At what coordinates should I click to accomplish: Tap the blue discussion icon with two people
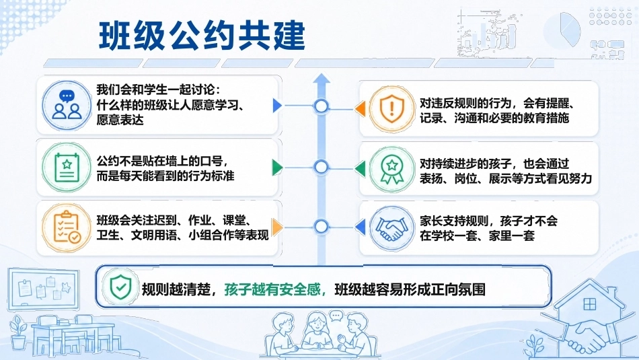click(67, 105)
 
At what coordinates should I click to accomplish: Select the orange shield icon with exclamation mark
click(391, 109)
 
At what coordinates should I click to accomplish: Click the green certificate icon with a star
click(67, 167)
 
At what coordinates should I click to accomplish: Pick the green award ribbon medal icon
click(391, 169)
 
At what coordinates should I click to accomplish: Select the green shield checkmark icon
click(120, 287)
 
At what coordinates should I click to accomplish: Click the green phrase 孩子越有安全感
click(272, 289)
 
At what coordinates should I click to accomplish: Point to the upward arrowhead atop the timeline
click(322, 78)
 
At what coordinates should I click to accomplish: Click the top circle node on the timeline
click(322, 106)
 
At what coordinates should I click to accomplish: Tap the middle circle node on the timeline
click(322, 167)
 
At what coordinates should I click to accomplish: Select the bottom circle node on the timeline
click(322, 226)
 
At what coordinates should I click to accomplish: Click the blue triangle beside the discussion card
click(277, 105)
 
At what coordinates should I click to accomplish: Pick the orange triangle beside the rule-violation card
click(361, 109)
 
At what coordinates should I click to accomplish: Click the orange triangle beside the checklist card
click(277, 227)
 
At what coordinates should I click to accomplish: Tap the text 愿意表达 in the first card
click(120, 120)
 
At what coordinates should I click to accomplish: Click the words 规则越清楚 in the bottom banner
click(176, 289)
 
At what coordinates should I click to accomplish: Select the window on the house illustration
click(590, 304)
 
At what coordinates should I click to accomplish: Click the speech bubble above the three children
click(336, 316)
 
